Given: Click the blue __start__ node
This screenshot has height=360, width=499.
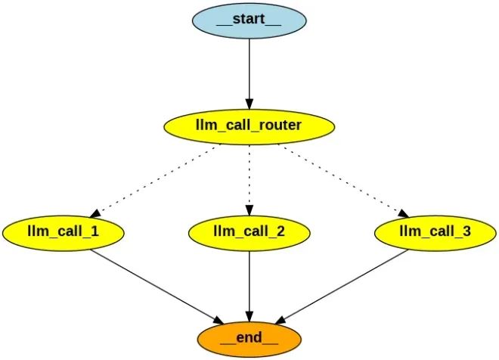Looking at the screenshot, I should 249,19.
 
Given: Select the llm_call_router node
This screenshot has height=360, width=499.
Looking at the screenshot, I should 249,125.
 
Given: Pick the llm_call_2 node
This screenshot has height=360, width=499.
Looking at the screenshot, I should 249,231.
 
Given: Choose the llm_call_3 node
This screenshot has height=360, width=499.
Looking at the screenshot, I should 435,231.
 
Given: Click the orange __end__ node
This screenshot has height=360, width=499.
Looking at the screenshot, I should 249,338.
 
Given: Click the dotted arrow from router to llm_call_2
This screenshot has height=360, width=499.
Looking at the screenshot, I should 249,178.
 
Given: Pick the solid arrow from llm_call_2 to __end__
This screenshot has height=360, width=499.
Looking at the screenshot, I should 249,284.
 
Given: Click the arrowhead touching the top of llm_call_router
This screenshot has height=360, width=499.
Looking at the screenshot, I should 249,104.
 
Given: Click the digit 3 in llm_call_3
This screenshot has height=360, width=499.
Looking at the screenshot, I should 466,231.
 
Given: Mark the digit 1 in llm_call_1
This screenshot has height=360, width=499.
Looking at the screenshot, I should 94,231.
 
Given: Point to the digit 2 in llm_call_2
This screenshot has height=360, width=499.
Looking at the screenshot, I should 280,231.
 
